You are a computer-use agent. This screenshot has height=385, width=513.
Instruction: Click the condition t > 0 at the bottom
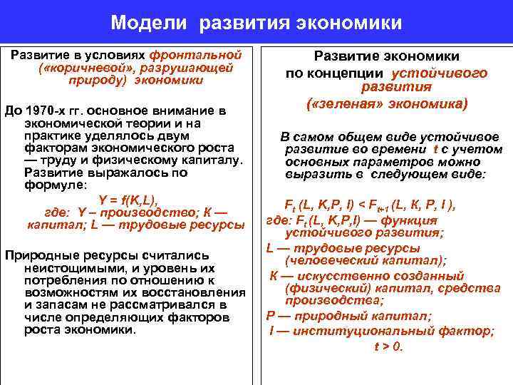[x=388, y=347]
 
